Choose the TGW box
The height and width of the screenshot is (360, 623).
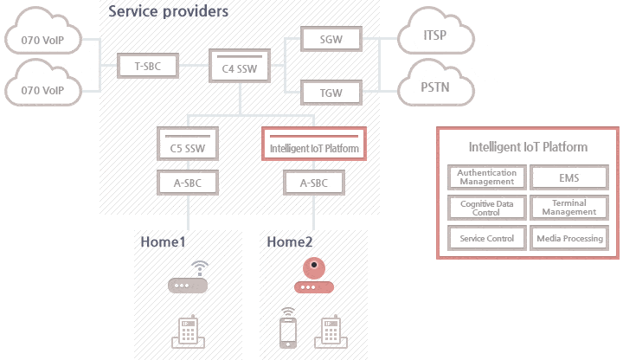click(x=329, y=91)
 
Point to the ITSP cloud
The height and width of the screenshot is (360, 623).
click(x=436, y=37)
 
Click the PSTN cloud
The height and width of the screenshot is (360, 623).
click(x=436, y=87)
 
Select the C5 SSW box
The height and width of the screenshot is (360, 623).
click(x=188, y=145)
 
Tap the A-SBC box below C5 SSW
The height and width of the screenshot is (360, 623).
click(x=188, y=183)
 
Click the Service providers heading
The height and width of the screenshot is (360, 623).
click(x=169, y=12)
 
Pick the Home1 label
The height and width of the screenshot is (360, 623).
click(x=164, y=242)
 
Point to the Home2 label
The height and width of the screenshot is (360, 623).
click(x=291, y=242)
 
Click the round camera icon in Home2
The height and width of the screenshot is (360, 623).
click(x=314, y=267)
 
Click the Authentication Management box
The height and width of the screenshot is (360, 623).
click(x=486, y=177)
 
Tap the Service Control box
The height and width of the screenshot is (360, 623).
click(x=486, y=238)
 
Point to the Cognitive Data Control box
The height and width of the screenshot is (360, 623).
click(x=486, y=208)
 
